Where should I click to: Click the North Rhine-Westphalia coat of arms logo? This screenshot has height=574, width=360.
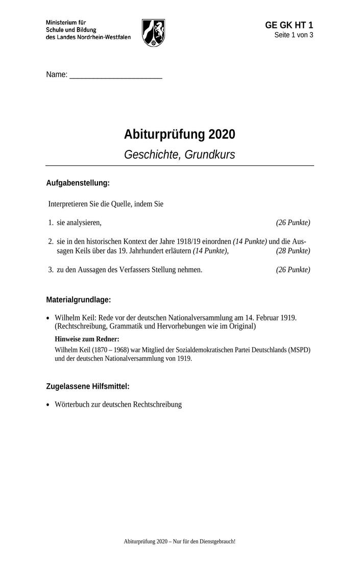coord(153,33)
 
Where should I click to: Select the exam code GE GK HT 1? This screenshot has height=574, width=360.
coord(289,26)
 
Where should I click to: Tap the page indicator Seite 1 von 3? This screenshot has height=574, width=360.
coord(294,35)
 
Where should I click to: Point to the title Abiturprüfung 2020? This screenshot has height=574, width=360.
coord(180,135)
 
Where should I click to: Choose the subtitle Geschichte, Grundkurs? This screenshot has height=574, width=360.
coord(180,155)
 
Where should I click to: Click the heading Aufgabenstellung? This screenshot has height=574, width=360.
coord(78,183)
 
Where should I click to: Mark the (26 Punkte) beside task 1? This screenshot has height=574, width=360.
coord(293,222)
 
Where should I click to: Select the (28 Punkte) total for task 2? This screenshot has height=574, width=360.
coord(293,251)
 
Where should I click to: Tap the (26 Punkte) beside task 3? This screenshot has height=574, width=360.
coord(293,269)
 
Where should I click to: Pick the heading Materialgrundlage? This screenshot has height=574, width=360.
coord(78,300)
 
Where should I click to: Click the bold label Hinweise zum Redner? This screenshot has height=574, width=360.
coord(87,339)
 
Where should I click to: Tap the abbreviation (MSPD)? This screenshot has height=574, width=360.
coord(298,350)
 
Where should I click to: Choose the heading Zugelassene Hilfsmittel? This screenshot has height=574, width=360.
coord(88,387)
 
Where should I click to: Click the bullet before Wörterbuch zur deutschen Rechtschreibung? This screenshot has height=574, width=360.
coord(48,405)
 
